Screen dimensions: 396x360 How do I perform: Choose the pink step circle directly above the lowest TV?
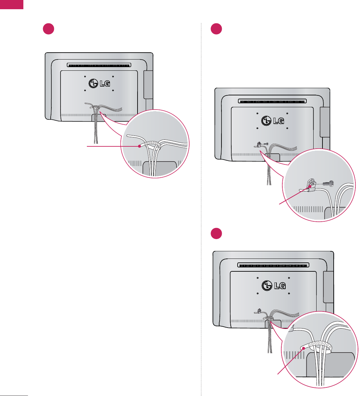(216, 233)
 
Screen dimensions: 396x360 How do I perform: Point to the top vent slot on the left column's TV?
(99, 65)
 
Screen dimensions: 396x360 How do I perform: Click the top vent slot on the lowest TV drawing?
(273, 264)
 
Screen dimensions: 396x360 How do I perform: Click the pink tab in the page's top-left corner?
(12, 4)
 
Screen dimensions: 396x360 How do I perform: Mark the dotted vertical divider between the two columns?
(201, 210)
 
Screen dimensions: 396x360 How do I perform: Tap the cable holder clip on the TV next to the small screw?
(259, 144)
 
